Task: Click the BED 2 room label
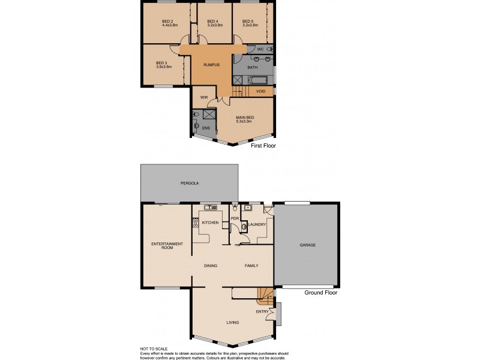coord(167,21)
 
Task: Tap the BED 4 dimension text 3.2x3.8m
coord(215,25)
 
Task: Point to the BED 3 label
coord(161,62)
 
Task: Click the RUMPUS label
coord(211,64)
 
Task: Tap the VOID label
coord(260,91)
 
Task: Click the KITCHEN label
coord(210,223)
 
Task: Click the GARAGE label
coord(307,245)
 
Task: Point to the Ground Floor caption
coord(320,293)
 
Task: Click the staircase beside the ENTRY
coord(265,295)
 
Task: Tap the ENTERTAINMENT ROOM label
coord(166,245)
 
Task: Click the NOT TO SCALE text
coord(155,349)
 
